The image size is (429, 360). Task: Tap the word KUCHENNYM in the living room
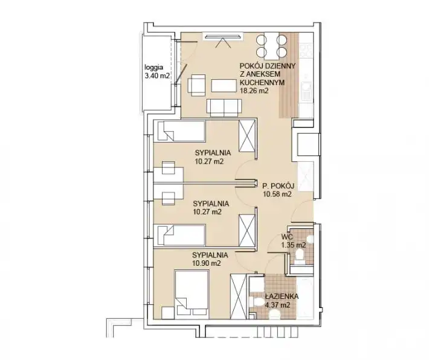coord(262,82)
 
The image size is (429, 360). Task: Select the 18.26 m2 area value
coord(254,91)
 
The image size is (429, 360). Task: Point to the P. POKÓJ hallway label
coord(279,186)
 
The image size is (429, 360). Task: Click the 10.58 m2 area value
coord(277,194)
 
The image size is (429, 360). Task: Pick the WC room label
coord(287,237)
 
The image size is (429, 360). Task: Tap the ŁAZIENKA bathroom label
coord(282,296)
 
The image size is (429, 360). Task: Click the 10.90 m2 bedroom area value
coord(207,264)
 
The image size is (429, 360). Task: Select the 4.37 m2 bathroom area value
coord(278,305)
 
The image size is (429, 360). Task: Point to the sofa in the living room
coord(224,108)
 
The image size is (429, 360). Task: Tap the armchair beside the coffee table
coord(196,85)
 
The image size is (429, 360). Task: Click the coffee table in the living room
coord(224,85)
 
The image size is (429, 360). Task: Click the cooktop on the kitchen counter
coord(306,51)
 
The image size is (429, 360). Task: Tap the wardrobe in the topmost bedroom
coord(247,136)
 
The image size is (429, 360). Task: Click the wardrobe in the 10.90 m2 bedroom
coord(239,297)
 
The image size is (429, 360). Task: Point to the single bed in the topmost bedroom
coord(179,130)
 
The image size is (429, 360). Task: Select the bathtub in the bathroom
coord(305,297)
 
